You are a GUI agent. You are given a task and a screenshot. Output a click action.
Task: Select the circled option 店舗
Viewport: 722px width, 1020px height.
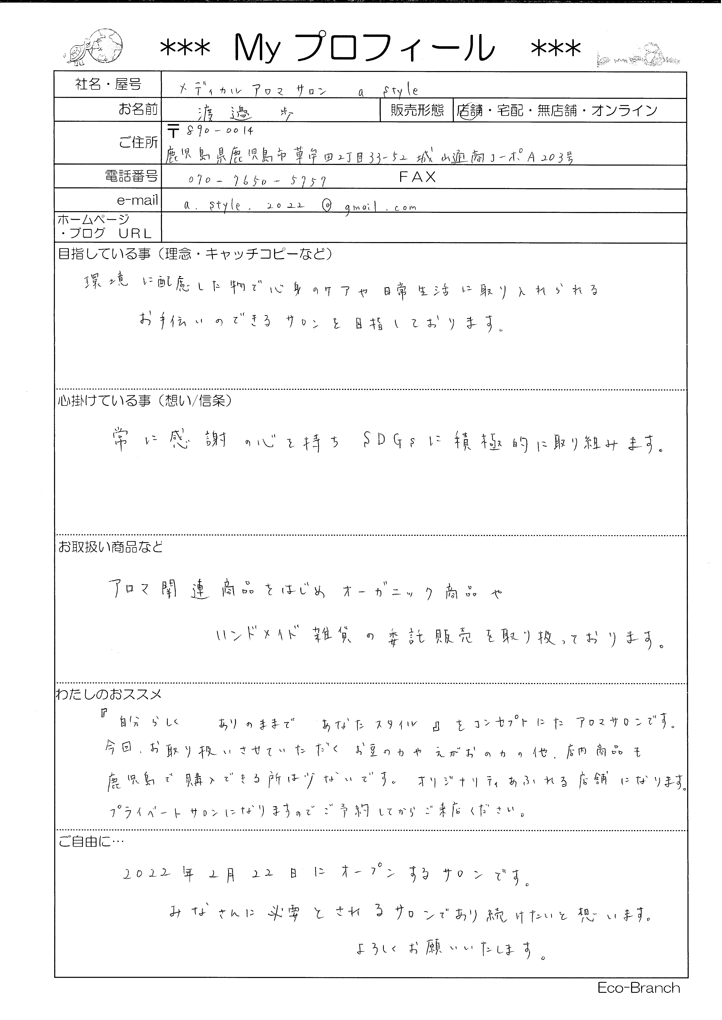[x=469, y=110]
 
